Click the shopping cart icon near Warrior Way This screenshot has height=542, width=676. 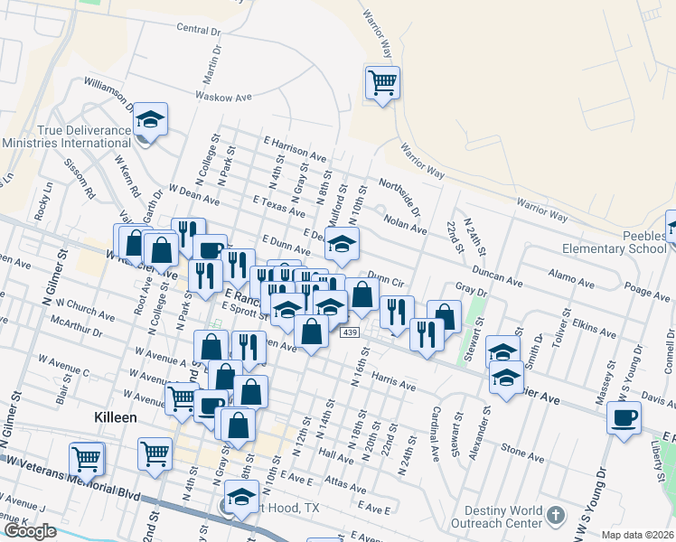pos(382,82)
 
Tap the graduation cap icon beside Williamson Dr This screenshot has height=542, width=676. pos(152,118)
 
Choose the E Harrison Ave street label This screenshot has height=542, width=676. pos(295,149)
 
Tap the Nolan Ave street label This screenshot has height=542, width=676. pos(405,224)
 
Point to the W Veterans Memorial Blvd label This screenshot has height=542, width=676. pos(71,476)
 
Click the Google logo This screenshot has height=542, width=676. pos(30,531)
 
